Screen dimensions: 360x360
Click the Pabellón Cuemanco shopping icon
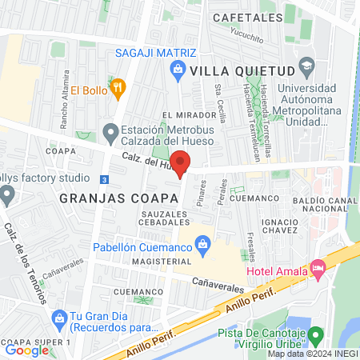pyautogui.click(x=203, y=242)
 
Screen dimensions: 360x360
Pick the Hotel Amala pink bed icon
pyautogui.click(x=318, y=270)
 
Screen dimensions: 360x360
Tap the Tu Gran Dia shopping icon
pyautogui.click(x=59, y=318)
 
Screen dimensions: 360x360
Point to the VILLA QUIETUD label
pyautogui.click(x=239, y=71)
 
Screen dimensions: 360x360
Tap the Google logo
pyautogui.click(x=26, y=350)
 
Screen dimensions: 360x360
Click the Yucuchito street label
pyautogui.click(x=247, y=35)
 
